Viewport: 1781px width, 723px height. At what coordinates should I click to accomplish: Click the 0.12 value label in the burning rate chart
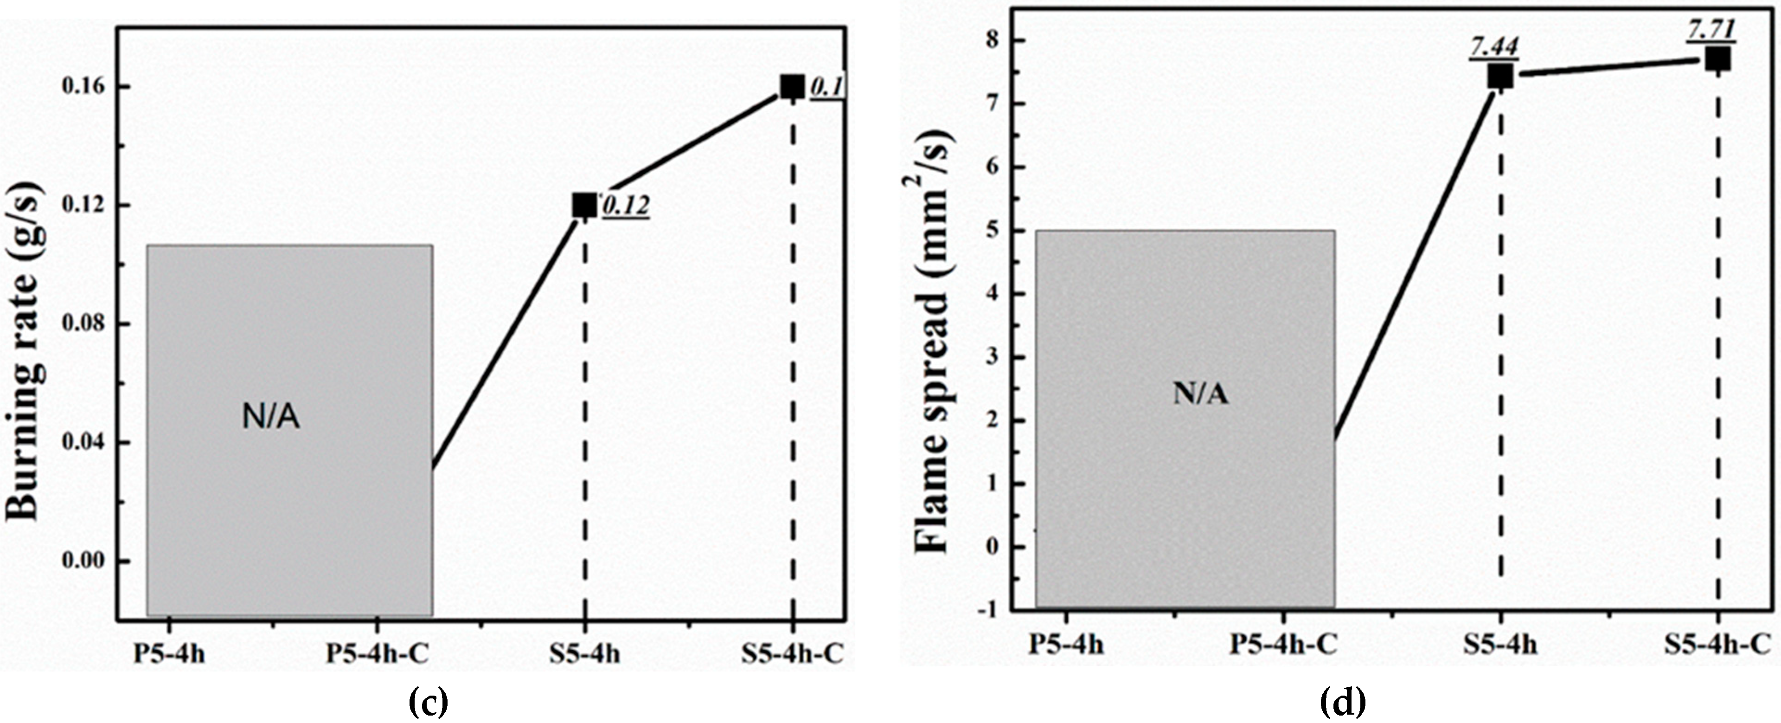tap(626, 206)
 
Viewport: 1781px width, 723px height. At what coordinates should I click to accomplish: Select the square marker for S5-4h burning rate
tap(584, 206)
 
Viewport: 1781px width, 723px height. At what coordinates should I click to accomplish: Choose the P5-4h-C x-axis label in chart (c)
tap(378, 654)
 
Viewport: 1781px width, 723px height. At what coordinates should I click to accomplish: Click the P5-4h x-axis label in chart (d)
tap(1065, 644)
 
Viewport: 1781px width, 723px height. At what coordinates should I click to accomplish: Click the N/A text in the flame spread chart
tap(1200, 394)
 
